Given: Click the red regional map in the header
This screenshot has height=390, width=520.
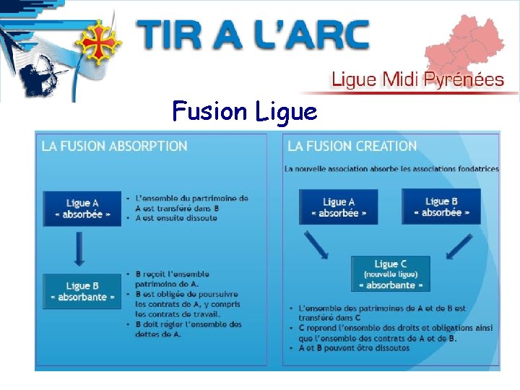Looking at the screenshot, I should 465,44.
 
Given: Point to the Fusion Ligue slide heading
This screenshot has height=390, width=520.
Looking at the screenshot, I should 245,111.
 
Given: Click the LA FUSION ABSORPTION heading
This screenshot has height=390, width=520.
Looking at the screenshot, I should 114,146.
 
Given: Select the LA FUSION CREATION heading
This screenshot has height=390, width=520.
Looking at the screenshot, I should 352,146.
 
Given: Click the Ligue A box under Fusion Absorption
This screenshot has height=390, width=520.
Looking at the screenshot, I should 82,209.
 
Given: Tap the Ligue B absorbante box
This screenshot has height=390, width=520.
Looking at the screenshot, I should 82,291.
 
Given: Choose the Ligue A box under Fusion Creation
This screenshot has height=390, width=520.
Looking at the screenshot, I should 338,207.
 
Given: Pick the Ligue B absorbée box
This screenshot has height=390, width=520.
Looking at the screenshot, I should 441,207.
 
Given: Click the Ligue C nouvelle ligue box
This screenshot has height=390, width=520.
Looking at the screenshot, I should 390,274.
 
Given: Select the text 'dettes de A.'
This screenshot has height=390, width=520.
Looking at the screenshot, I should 158,334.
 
